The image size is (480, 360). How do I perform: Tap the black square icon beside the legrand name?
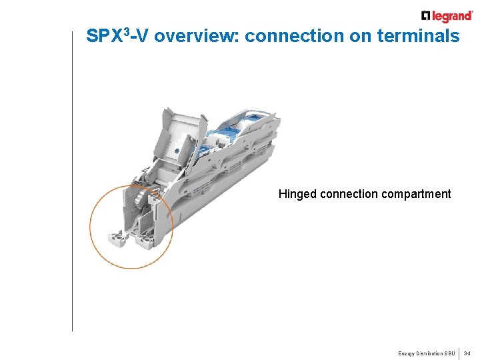point(426,16)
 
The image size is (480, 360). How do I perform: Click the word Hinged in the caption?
point(297,194)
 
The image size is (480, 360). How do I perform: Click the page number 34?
point(467,353)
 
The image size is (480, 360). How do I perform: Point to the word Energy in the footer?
point(407,353)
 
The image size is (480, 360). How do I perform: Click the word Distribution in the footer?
point(431,353)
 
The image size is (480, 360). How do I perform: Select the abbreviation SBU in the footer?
point(450,353)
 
